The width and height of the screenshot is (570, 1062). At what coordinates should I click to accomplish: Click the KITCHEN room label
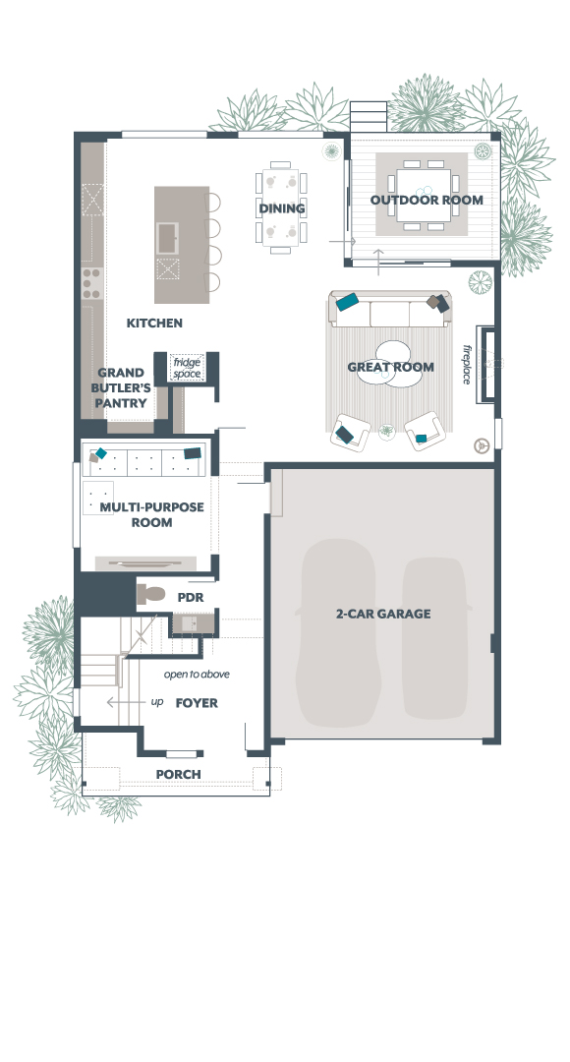pos(154,324)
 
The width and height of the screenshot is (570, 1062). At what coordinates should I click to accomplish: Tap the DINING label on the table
pos(282,207)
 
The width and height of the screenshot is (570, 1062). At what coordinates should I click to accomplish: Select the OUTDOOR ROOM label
pos(427,200)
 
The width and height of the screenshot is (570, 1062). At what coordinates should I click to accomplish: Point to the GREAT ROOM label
pos(390,367)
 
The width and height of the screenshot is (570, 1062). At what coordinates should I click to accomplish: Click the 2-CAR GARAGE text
pos(383,614)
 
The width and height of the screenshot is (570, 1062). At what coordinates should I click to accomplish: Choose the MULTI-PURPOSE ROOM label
pos(151,514)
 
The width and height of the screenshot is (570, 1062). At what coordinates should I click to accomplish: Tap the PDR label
pos(191,598)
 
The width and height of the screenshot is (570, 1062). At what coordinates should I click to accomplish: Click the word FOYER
pos(197,703)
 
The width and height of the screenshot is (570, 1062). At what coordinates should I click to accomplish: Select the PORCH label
pos(178,774)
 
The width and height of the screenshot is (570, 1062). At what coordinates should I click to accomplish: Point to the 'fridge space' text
pos(187,368)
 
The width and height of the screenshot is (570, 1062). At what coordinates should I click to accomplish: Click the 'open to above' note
pos(197,675)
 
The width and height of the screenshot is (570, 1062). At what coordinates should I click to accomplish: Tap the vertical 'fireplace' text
pos(467,365)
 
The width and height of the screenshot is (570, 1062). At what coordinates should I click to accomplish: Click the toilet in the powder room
pos(151,594)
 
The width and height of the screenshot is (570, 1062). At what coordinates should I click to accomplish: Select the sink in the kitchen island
pos(167,238)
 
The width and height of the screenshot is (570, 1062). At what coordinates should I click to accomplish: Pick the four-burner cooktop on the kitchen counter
pos(91,283)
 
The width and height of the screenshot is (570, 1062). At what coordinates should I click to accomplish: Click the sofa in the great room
pos(390,310)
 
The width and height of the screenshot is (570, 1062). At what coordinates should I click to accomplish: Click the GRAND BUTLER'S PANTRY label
pos(121,387)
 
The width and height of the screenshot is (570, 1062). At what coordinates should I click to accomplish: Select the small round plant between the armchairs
pos(386,431)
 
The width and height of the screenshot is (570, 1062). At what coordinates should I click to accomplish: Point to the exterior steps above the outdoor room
pos(369,116)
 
